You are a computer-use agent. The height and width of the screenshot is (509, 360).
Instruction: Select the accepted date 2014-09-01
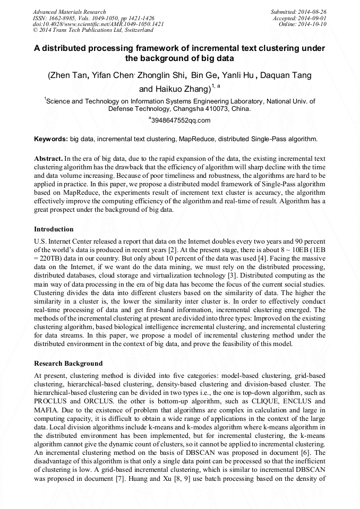pyautogui.click(x=314, y=18)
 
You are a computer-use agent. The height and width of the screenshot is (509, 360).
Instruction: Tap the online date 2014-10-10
pyautogui.click(x=314, y=24)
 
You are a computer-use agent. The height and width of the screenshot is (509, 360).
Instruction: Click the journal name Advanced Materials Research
pyautogui.click(x=70, y=12)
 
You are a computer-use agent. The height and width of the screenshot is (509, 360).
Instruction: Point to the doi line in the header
pyautogui.click(x=98, y=24)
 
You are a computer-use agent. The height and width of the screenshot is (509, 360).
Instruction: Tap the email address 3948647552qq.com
pyautogui.click(x=181, y=120)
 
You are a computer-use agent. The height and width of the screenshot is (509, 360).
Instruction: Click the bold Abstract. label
pyautogui.click(x=48, y=159)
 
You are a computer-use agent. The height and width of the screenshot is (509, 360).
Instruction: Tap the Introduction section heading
pyautogui.click(x=54, y=229)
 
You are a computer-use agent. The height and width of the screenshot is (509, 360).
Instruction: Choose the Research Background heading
pyautogui.click(x=68, y=364)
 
